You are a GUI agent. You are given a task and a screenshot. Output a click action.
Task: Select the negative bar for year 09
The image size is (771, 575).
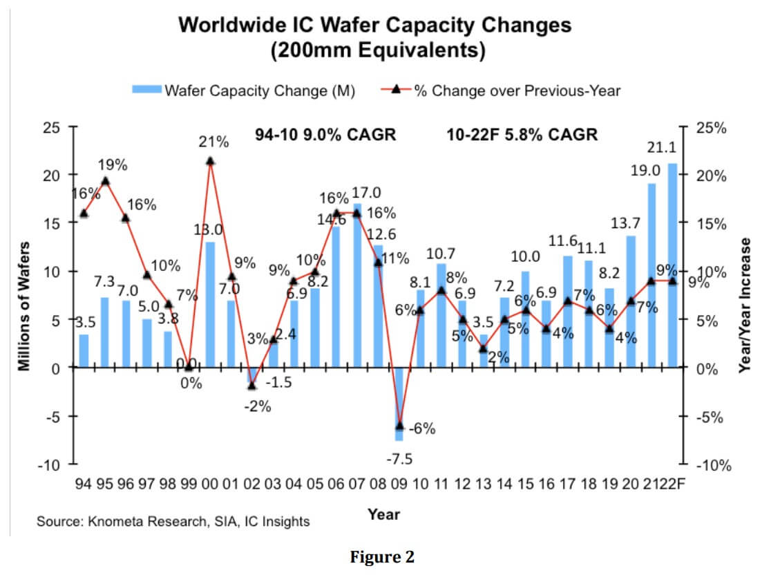click(399, 404)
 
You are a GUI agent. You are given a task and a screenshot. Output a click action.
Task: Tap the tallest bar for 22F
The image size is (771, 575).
click(672, 265)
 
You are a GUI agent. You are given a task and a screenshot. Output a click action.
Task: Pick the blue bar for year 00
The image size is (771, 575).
click(210, 305)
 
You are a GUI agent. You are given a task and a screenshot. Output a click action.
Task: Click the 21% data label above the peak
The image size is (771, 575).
click(214, 142)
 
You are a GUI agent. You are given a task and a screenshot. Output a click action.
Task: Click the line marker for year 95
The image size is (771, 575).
click(105, 181)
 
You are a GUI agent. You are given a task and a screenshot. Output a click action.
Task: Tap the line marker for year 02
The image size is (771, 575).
click(252, 386)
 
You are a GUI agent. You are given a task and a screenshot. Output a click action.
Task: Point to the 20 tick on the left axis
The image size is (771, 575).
click(52, 176)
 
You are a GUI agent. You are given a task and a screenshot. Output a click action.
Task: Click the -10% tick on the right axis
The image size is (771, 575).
click(714, 466)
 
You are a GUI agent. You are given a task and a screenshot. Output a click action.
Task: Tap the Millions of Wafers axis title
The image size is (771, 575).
click(26, 305)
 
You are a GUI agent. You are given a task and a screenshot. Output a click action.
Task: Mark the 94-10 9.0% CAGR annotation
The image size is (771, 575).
click(325, 134)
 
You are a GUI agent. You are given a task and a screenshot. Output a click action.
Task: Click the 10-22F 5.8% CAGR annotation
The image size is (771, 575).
click(522, 134)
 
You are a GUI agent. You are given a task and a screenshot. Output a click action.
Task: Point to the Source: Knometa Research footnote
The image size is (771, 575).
click(173, 521)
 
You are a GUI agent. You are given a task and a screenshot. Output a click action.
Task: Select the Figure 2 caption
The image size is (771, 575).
click(382, 558)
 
